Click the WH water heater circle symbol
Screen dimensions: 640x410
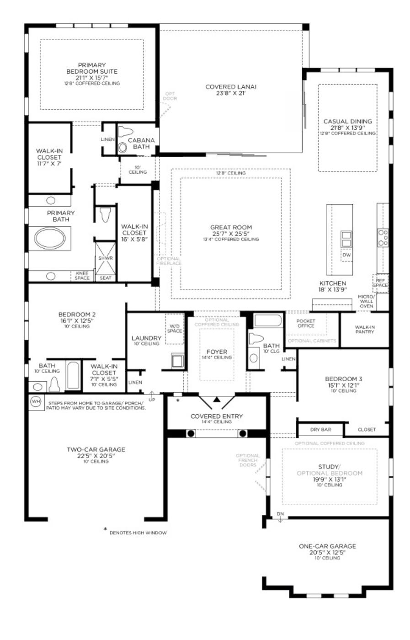(x=35, y=402)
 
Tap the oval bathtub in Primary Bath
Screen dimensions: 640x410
(x=50, y=238)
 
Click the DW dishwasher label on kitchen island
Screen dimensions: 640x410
(x=346, y=255)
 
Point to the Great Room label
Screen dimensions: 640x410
(x=231, y=227)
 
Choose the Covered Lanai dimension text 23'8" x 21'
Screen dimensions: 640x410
(x=231, y=93)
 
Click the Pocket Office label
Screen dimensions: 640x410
(x=306, y=323)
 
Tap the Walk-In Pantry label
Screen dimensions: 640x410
(x=364, y=329)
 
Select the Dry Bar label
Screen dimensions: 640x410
(x=320, y=429)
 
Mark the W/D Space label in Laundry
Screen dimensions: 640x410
(x=174, y=328)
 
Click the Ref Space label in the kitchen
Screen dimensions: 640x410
(x=380, y=283)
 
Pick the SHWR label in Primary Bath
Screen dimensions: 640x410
(x=105, y=258)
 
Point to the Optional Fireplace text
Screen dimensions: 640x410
(x=169, y=261)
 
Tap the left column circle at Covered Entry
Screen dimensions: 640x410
(x=191, y=433)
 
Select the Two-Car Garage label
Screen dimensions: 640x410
(x=96, y=449)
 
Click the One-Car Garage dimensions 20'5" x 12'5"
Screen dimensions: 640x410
(x=327, y=552)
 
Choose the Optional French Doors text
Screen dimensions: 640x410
(x=248, y=460)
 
